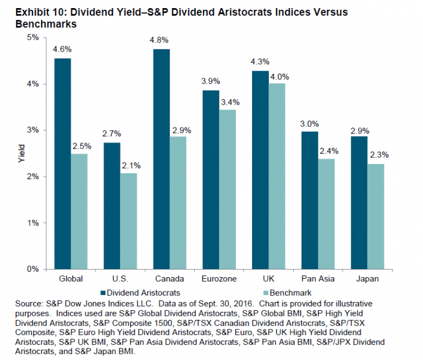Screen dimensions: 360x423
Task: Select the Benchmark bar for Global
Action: click(x=80, y=212)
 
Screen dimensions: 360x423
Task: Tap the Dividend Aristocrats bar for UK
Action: click(x=260, y=170)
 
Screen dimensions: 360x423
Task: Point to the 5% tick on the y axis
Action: click(x=33, y=38)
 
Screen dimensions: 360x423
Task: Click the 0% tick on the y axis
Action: click(x=33, y=270)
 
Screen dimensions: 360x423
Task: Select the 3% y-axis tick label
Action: click(x=33, y=130)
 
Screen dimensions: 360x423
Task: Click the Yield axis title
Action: click(x=22, y=154)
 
